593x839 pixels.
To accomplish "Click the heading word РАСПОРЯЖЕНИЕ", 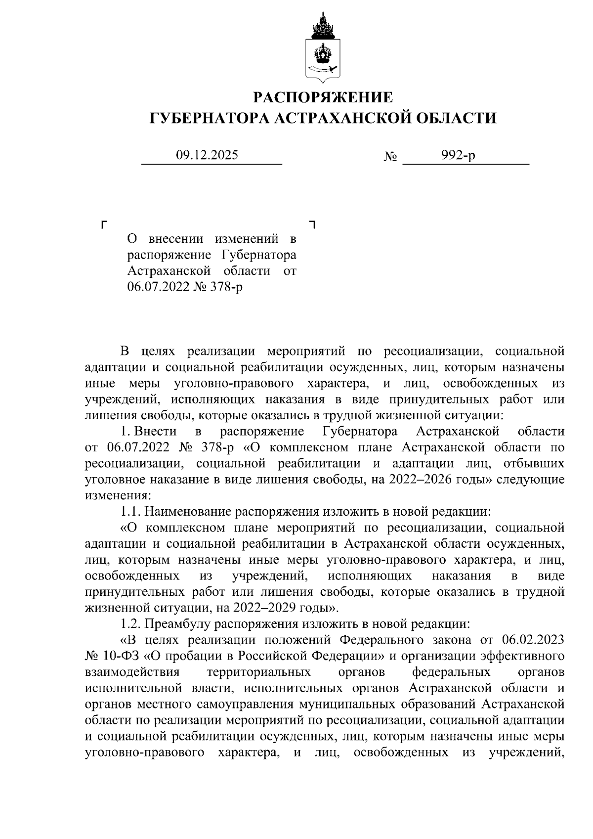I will pos(323,97).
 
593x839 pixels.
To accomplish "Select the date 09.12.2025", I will pos(207,155).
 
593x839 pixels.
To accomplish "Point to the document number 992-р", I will pos(459,156).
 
